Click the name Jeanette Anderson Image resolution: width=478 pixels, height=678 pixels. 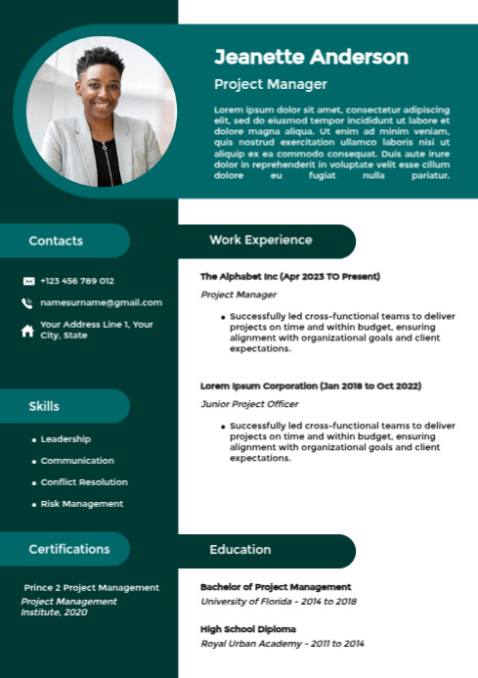[x=311, y=57]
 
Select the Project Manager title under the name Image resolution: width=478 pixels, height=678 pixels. [x=271, y=85]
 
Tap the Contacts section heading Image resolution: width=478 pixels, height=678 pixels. [x=56, y=241]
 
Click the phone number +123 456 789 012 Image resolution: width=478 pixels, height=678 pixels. [x=77, y=281]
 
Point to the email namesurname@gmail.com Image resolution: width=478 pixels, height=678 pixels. [x=102, y=303]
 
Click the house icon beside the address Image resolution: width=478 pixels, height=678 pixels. [x=27, y=331]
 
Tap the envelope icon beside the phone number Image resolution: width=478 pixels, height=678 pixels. [x=28, y=281]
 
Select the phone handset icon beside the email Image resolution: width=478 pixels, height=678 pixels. [x=27, y=303]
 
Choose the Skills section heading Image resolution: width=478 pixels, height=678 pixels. [x=44, y=406]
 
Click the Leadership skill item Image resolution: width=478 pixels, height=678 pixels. [x=65, y=439]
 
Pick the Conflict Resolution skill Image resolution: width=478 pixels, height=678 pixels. [x=84, y=482]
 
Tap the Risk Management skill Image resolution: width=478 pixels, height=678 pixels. [x=82, y=504]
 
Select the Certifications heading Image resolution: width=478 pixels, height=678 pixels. [x=69, y=549]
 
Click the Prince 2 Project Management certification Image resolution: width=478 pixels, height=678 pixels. [x=92, y=587]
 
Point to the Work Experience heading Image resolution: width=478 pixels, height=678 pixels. [x=261, y=240]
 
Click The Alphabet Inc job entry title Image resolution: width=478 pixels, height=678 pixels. [x=290, y=277]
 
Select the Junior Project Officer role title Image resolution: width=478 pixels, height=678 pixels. [x=249, y=404]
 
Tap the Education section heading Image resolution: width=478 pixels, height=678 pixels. [x=240, y=550]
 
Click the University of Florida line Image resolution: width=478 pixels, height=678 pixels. [x=279, y=601]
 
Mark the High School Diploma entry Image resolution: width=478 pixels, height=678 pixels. [x=248, y=629]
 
